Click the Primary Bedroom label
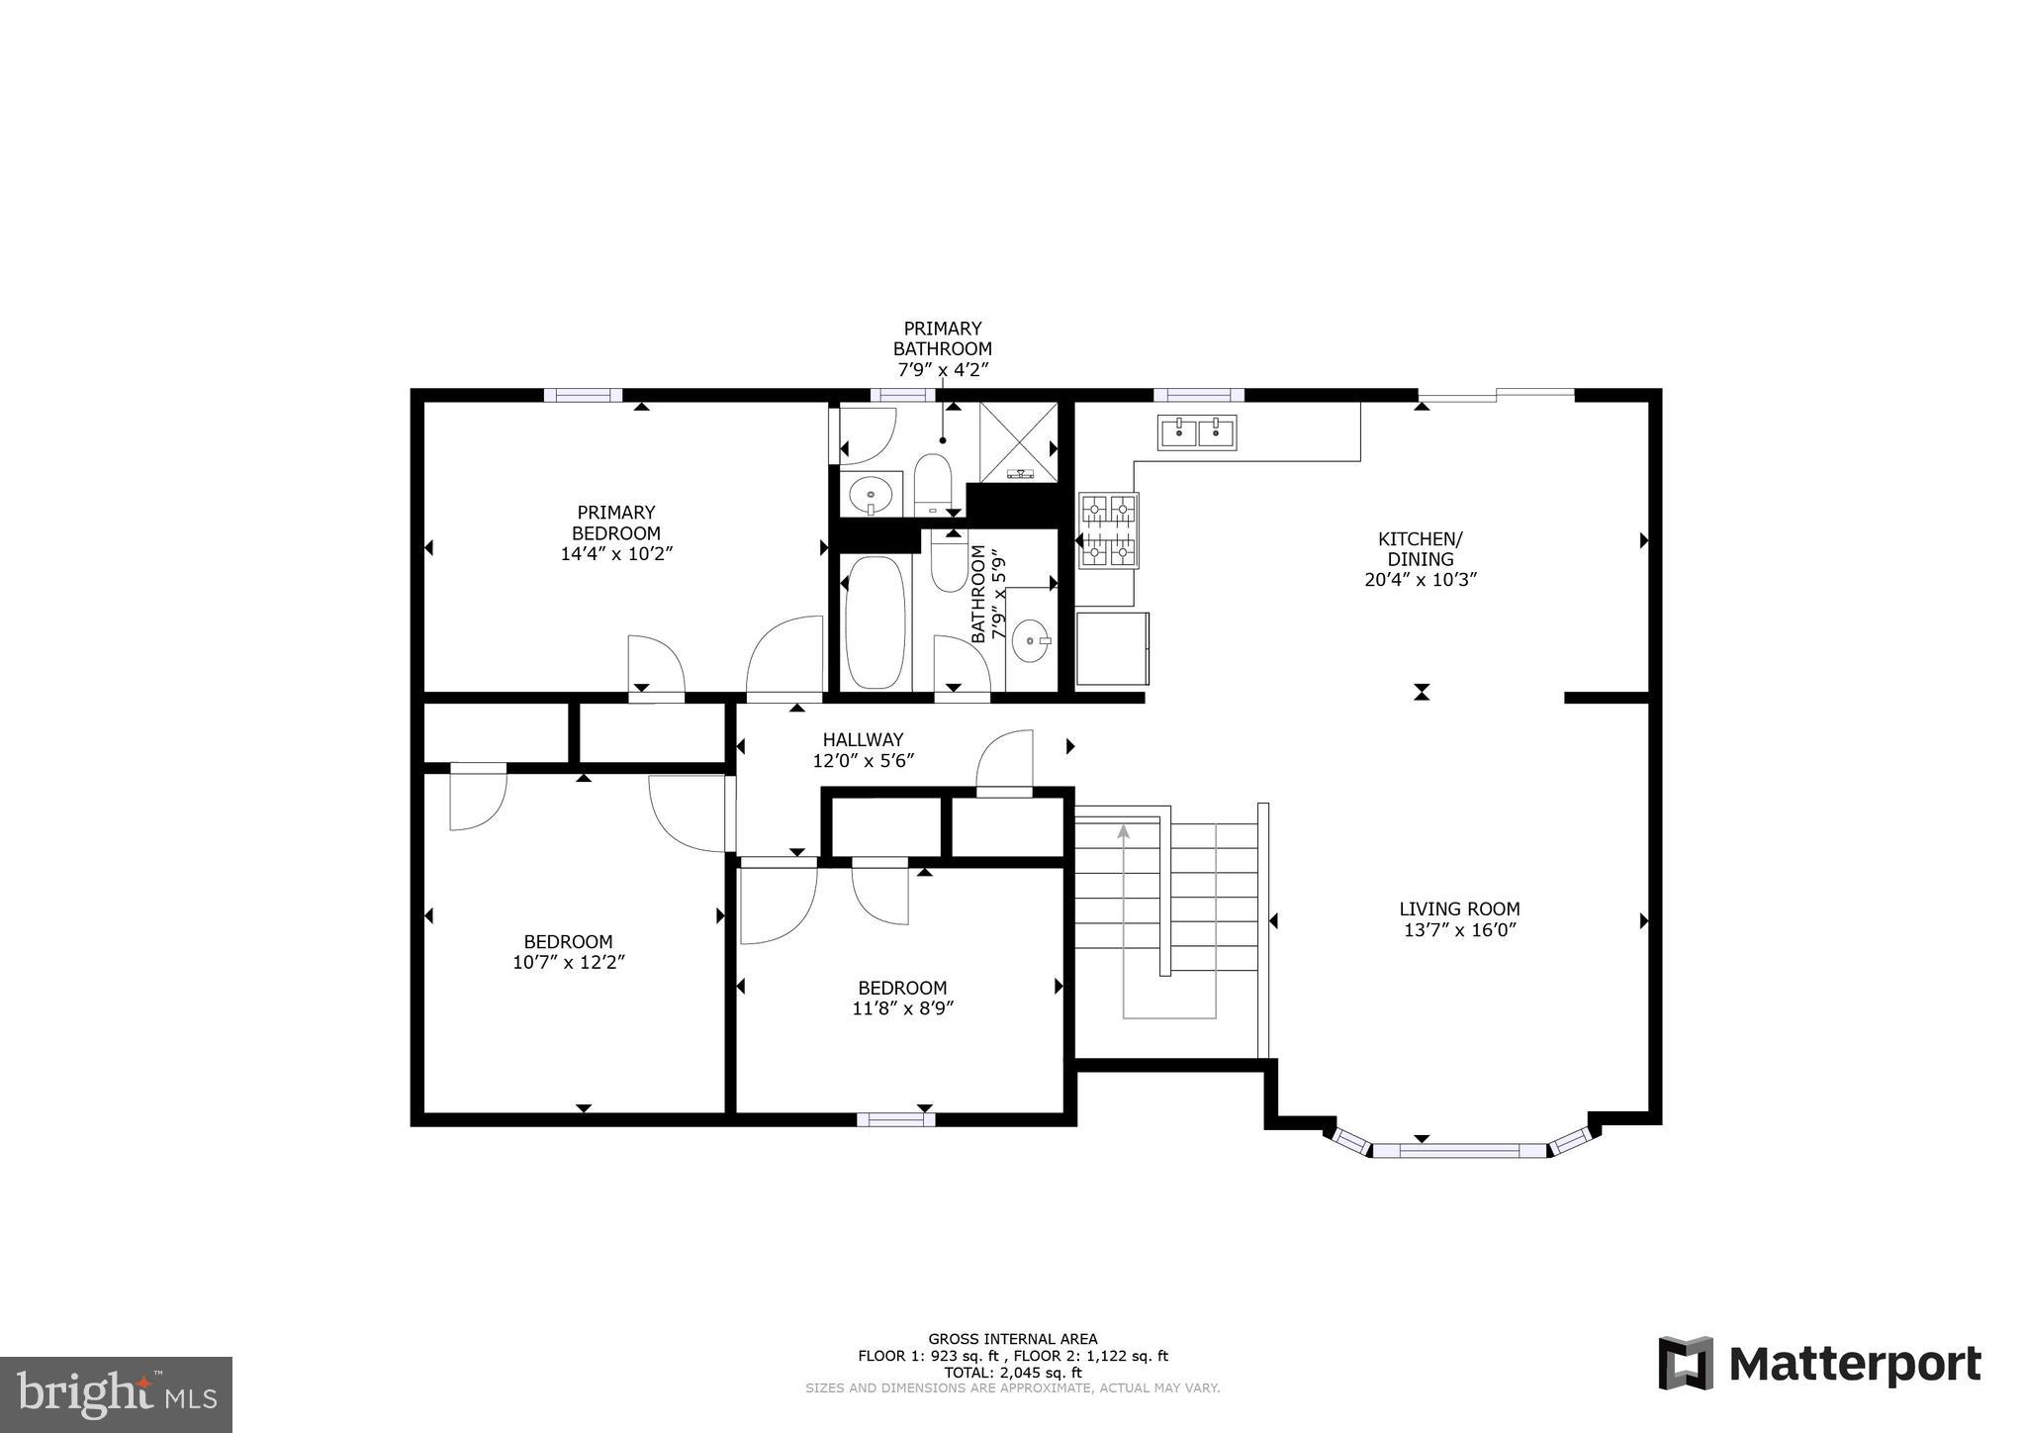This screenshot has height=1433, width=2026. pos(615,523)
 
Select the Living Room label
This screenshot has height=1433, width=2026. pos(1459,908)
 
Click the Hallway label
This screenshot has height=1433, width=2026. pos(863,739)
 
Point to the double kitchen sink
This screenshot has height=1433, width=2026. pos(1197,432)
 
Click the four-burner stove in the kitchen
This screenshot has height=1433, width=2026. pos(1108,531)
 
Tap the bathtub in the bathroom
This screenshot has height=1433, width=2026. pos(875,622)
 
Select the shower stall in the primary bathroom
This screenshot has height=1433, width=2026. pos(1019,442)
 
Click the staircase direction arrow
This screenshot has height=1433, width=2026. pos(1123,833)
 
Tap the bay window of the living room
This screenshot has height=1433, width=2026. pos(1459,1149)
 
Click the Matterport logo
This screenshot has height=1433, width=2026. pos(1820,1364)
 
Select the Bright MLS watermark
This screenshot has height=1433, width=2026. pos(116,1394)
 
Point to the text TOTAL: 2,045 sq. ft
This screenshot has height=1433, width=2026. pos(1012,1373)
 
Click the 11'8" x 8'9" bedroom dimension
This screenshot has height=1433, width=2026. pos(901,1008)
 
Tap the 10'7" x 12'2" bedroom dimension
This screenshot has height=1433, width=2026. pos(568,962)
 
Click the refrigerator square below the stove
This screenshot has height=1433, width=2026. pos(1112,648)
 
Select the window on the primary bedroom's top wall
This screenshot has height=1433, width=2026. pos(583,395)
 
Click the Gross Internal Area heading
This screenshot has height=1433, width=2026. pos(1012,1339)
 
